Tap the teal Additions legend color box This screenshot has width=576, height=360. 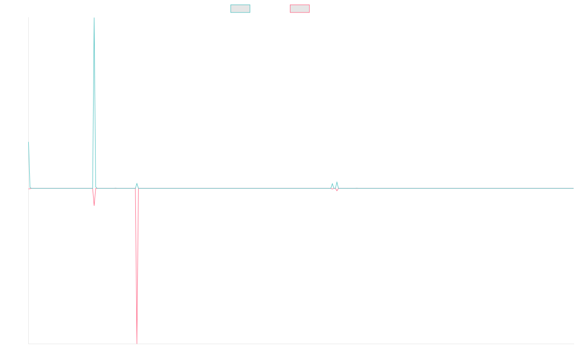tap(240, 9)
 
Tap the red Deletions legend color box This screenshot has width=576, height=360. tap(300, 9)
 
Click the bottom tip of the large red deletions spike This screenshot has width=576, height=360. tap(137, 343)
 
